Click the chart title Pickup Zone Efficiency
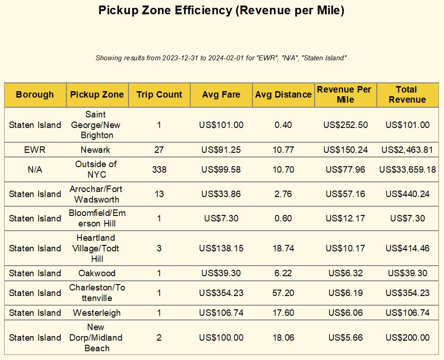[222, 11]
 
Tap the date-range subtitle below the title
[222, 58]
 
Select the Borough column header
[35, 95]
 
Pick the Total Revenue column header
[407, 95]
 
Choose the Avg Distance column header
[283, 95]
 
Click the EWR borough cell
[35, 150]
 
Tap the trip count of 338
[159, 169]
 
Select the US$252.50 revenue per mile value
[345, 125]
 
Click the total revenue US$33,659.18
[408, 169]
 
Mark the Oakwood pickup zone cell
[97, 273]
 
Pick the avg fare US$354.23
[221, 293]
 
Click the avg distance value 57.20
[283, 293]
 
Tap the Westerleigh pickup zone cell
[97, 313]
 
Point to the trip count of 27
[159, 150]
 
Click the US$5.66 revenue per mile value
[345, 337]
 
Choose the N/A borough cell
[35, 169]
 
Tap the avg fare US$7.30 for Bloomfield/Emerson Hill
[221, 218]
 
